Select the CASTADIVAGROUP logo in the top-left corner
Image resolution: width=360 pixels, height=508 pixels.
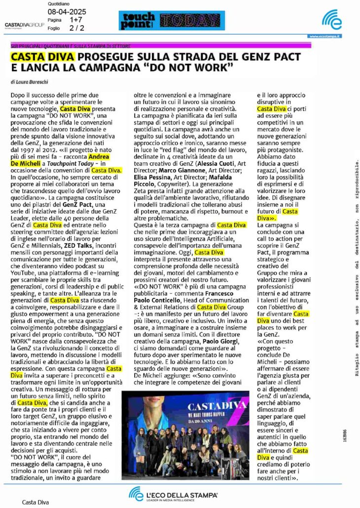[x=24, y=24]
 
